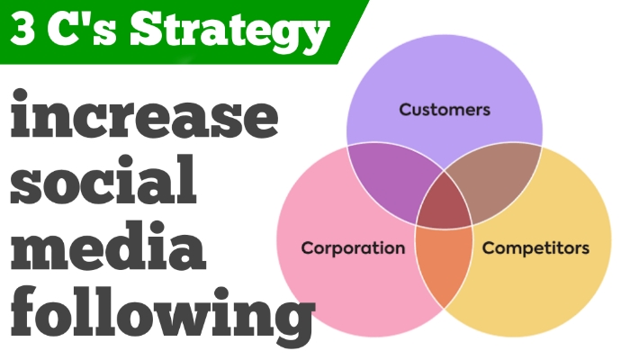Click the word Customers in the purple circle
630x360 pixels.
pyautogui.click(x=445, y=111)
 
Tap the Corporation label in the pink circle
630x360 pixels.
pyautogui.click(x=352, y=247)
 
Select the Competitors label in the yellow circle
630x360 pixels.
pyautogui.click(x=535, y=247)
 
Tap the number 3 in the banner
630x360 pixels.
pyautogui.click(x=27, y=32)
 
